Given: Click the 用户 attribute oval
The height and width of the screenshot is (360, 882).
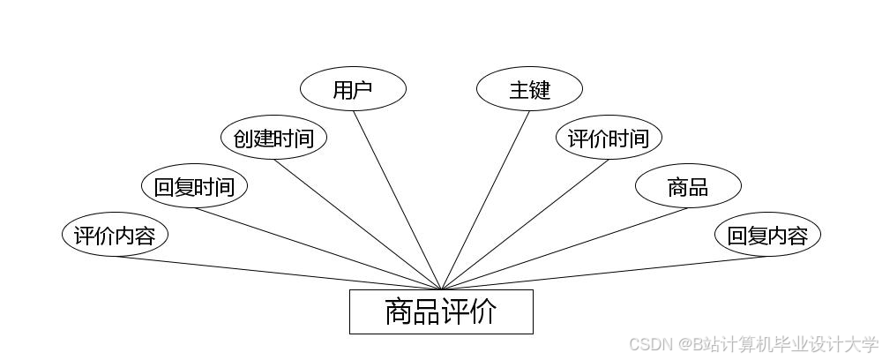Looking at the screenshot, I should pyautogui.click(x=353, y=89).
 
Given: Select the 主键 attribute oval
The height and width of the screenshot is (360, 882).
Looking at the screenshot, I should pyautogui.click(x=529, y=89).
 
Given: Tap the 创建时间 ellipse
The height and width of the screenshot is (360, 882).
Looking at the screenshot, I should pyautogui.click(x=273, y=138).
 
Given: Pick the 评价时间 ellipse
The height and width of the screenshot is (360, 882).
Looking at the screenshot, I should pyautogui.click(x=609, y=138).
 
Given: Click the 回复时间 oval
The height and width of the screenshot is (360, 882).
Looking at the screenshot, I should pyautogui.click(x=194, y=186).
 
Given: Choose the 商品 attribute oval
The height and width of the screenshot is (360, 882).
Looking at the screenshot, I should pyautogui.click(x=688, y=186).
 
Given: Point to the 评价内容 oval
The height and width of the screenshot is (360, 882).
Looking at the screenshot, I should pyautogui.click(x=115, y=236).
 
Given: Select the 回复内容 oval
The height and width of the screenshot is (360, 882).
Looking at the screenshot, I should pyautogui.click(x=767, y=236).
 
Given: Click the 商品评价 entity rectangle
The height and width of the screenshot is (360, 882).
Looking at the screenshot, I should pyautogui.click(x=441, y=311).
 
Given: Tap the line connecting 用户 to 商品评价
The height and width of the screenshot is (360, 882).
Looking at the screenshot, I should pyautogui.click(x=397, y=199).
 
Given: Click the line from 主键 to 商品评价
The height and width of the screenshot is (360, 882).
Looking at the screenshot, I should pyautogui.click(x=485, y=199).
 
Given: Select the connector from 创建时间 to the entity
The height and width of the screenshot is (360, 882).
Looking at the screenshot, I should pyautogui.click(x=357, y=224).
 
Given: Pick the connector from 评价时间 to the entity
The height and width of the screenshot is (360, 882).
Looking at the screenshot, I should pyautogui.click(x=525, y=224).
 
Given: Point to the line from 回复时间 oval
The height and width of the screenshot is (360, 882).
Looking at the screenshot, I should pyautogui.click(x=318, y=249).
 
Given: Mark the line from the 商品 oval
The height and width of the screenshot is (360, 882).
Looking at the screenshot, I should pyautogui.click(x=564, y=249).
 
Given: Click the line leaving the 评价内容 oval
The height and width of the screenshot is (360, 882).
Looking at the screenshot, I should pyautogui.click(x=278, y=273).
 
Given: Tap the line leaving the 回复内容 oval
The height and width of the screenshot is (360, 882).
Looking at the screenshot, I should pyautogui.click(x=604, y=273).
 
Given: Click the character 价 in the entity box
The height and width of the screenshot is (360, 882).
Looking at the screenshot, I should pyautogui.click(x=483, y=311).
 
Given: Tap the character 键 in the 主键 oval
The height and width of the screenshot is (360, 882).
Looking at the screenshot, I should pyautogui.click(x=540, y=89).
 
